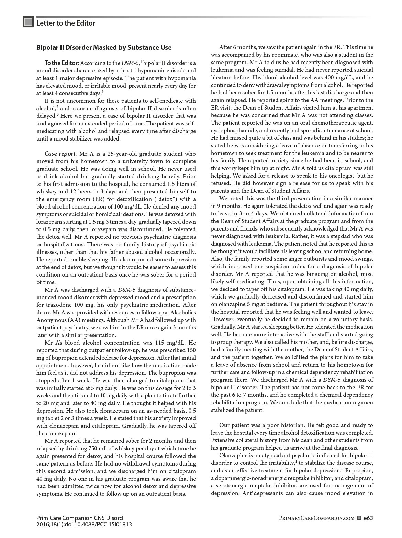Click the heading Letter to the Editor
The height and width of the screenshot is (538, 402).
[66, 23]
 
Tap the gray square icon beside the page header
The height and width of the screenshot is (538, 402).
[28, 22]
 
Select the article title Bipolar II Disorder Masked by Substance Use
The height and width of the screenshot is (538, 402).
[104, 48]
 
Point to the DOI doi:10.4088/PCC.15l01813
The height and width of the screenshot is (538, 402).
[99, 525]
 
